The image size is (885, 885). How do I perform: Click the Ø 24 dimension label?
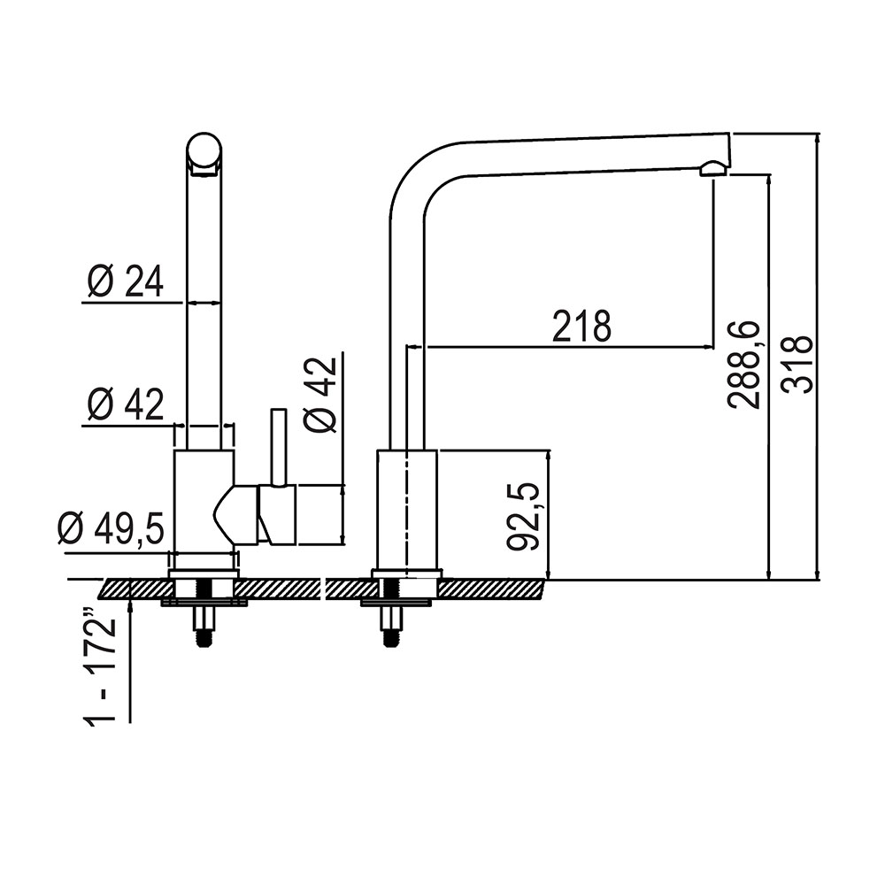[126, 281]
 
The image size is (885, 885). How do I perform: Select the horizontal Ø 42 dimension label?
[126, 404]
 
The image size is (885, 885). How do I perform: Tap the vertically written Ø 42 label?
[320, 395]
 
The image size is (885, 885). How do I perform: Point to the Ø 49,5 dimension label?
[111, 528]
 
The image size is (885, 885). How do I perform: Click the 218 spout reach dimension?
[582, 327]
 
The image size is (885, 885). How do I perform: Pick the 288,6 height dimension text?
[744, 365]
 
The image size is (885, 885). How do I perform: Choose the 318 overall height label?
[797, 365]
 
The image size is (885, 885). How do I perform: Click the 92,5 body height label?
[523, 516]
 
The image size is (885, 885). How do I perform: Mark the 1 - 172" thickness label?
[100, 670]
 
